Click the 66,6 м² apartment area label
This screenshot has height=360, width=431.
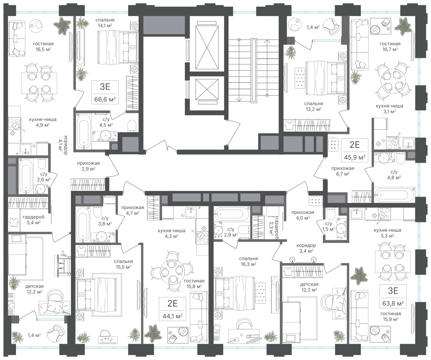(x=105, y=100)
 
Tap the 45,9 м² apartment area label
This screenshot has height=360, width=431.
(x=355, y=158)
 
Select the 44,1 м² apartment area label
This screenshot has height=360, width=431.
(x=172, y=316)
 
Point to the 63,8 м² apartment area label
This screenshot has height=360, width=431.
(x=393, y=303)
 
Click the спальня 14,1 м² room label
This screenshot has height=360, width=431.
(x=105, y=23)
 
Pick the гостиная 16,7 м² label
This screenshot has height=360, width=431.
(x=390, y=46)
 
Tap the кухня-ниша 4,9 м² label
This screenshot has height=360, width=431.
(x=43, y=122)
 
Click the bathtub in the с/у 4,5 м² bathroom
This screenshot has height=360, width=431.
(x=84, y=132)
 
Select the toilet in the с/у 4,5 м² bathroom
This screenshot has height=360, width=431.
(x=132, y=126)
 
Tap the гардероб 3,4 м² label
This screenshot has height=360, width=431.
(x=33, y=220)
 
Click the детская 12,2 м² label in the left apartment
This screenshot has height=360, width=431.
(x=34, y=289)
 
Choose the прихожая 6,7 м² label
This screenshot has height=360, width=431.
(x=343, y=171)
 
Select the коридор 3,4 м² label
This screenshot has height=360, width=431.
(x=306, y=248)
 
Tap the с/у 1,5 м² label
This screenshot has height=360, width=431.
(x=329, y=226)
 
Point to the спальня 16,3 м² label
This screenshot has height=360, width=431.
(x=248, y=261)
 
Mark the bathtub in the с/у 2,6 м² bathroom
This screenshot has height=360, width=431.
(x=26, y=176)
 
